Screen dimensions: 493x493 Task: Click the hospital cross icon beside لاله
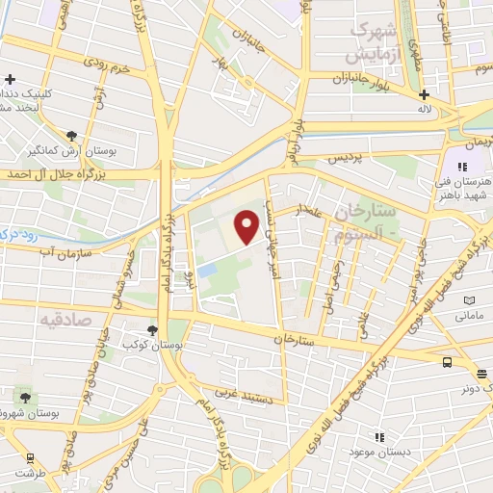(425, 94)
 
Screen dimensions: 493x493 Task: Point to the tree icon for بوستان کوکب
(153, 326)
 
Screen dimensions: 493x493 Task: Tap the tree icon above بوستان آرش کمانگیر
(72, 136)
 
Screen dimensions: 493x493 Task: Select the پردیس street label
(342, 157)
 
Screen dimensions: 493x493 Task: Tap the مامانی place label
(468, 315)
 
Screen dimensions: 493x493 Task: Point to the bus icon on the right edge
(447, 361)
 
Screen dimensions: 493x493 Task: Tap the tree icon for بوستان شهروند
(24, 396)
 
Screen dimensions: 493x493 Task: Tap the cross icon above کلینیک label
(10, 79)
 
